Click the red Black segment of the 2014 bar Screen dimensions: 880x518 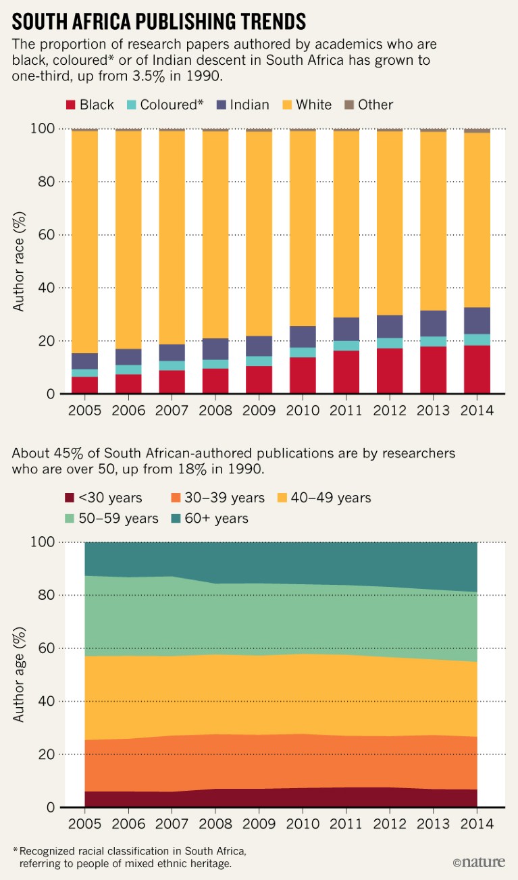click(477, 369)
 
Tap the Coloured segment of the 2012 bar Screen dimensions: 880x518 click(390, 343)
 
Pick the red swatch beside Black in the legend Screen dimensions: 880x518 click(70, 105)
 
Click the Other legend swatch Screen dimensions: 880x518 click(348, 105)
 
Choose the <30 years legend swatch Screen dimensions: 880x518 click(70, 498)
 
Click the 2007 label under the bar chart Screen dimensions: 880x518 click(172, 411)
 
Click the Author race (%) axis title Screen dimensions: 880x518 click(19, 261)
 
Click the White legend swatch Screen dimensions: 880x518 click(285, 105)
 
